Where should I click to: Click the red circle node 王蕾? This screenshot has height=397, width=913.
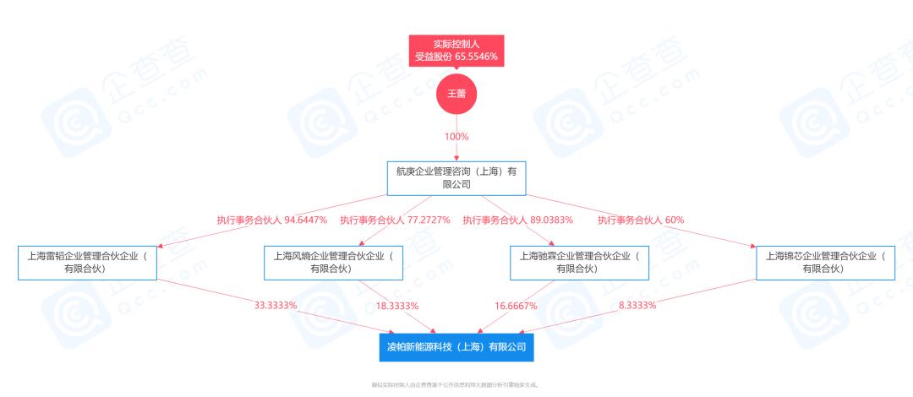pos(456,93)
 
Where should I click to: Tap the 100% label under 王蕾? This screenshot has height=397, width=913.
pos(456,136)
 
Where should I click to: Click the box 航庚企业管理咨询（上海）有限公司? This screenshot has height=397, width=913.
pos(456,177)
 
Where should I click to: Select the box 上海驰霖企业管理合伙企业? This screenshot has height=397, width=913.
pos(579,262)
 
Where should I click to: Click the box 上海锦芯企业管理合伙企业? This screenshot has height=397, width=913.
pos(825,262)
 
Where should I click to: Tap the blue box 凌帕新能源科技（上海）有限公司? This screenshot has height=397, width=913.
pos(456,346)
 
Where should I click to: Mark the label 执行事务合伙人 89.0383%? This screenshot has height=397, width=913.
pos(517,220)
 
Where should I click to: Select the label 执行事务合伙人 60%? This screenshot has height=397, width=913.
pos(641,220)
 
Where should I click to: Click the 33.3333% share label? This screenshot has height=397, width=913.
pos(276,305)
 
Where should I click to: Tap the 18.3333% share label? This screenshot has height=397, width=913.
pos(397,305)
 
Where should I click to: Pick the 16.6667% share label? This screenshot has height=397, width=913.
pos(515,305)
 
